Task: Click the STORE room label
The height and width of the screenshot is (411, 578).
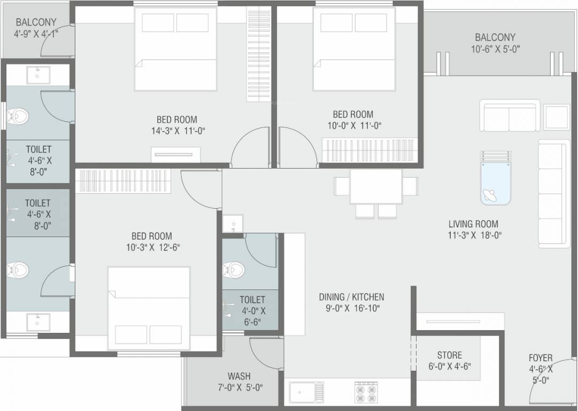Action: (449, 355)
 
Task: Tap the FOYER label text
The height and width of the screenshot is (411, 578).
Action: (541, 357)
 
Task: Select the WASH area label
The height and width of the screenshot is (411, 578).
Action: (238, 376)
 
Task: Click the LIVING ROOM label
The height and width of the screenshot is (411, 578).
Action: (473, 224)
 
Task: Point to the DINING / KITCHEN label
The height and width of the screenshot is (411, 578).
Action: (351, 297)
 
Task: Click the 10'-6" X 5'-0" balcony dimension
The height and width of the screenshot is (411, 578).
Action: (495, 49)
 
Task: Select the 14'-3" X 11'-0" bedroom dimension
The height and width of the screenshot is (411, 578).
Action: (178, 130)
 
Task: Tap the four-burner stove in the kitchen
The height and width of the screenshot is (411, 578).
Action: (366, 392)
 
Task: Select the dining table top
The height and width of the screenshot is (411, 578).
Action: (376, 186)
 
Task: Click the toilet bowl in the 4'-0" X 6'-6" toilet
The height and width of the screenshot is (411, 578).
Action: (233, 268)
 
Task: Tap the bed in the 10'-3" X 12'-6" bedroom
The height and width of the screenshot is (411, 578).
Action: (149, 308)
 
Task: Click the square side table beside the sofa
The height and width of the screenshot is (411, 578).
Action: (557, 117)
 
